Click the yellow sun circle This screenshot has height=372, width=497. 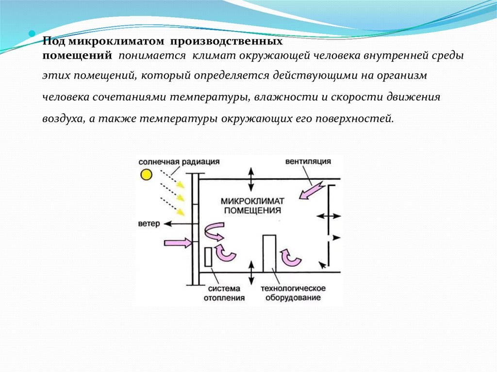click(x=146, y=175)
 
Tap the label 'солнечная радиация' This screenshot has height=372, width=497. click(x=179, y=162)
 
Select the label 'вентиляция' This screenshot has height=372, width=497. click(x=308, y=162)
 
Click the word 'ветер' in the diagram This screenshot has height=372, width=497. click(x=149, y=224)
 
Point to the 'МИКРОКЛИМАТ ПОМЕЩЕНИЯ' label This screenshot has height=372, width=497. click(x=252, y=206)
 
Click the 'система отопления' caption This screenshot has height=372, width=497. click(x=224, y=293)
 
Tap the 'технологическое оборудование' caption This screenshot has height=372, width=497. click(x=293, y=293)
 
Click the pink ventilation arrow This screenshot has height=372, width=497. click(x=312, y=191)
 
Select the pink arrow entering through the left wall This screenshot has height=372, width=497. click(x=178, y=243)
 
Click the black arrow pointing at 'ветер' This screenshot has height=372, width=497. click(x=178, y=224)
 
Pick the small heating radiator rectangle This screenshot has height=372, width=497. click(x=208, y=257)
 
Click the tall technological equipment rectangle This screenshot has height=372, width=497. click(x=269, y=254)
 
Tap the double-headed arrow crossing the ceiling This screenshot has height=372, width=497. click(x=251, y=179)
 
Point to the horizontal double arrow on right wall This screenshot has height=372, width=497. click(x=329, y=216)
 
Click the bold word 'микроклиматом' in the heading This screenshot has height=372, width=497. click(x=116, y=42)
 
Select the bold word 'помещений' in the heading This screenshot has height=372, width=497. click(x=77, y=55)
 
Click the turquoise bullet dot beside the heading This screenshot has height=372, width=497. click(x=32, y=33)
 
